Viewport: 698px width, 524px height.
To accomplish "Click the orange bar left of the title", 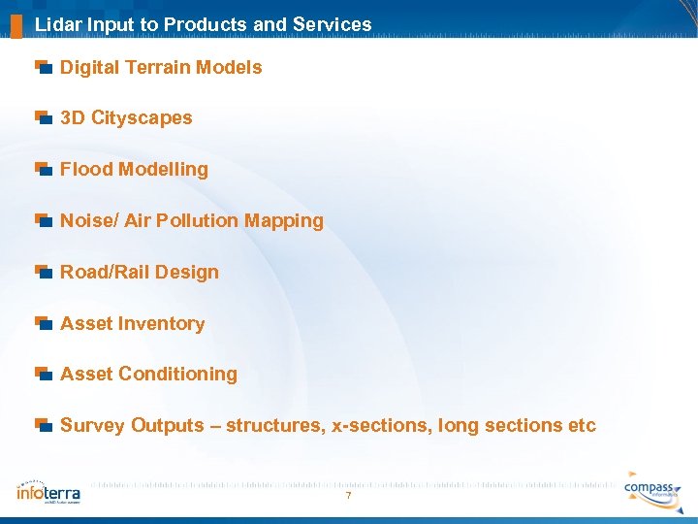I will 16,24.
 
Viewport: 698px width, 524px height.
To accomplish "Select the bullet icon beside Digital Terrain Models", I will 43,67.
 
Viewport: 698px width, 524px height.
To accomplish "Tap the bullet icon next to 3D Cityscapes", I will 43,117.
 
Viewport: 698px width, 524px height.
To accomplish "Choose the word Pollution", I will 199,220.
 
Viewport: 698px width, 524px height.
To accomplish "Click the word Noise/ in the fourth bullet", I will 89,220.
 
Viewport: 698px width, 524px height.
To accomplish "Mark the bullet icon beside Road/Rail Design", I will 43,272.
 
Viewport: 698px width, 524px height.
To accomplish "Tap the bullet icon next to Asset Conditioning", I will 43,374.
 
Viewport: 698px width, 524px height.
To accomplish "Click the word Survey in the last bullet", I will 92,425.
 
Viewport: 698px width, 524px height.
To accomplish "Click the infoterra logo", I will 48,491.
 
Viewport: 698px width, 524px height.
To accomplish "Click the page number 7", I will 348,497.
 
